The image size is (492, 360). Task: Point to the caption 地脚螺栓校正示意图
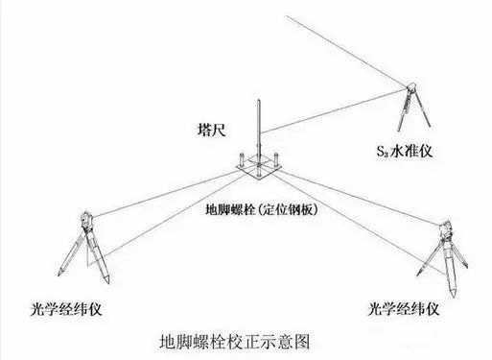pos(235,341)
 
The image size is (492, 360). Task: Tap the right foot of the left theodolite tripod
pos(113,280)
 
